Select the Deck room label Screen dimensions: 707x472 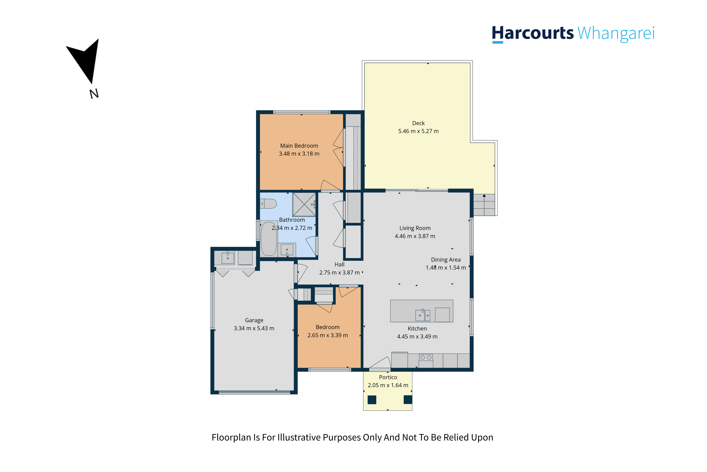coord(418,123)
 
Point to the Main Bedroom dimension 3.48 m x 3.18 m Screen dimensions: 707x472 coord(299,153)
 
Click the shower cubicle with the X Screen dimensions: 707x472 coord(304,204)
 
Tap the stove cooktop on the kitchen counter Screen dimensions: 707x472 coord(426,357)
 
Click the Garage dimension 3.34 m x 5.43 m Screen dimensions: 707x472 coord(254,328)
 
